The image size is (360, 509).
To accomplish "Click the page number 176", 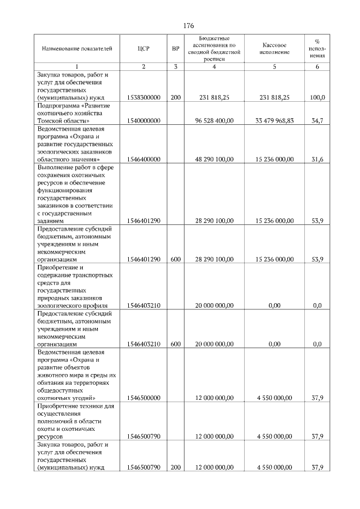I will coord(188,26).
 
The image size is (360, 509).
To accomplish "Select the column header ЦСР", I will coord(143,49).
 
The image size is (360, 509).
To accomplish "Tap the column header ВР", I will coord(175,49).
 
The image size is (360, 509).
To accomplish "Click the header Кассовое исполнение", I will coord(274,49).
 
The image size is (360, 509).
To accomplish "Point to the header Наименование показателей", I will coord(77,49).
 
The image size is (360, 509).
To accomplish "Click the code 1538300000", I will coord(143,98).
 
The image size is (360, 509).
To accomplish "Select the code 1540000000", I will coord(143,121).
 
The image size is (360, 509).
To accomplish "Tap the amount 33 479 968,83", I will coord(274,121).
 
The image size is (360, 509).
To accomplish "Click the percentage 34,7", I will coord(317,121).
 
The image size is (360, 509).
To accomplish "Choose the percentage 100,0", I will coord(317,98).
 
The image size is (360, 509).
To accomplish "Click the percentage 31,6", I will coord(317,159).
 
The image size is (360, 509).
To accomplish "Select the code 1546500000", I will coord(143,398).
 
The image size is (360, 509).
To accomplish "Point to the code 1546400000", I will coord(143,159).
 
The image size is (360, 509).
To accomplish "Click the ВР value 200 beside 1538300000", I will coord(175,98).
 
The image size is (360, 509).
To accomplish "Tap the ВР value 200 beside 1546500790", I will coord(175,467).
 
